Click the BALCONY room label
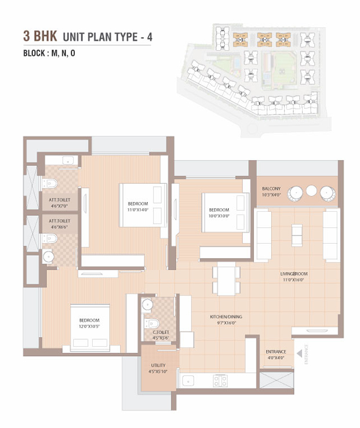(x=271, y=188)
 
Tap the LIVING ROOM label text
(x=294, y=274)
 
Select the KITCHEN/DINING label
(x=226, y=317)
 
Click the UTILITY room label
(x=158, y=365)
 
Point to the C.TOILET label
(x=161, y=332)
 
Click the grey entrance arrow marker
(x=299, y=354)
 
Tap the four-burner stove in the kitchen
(x=220, y=381)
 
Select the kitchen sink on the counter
(x=188, y=380)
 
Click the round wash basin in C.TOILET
(x=147, y=304)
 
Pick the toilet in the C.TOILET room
(x=152, y=324)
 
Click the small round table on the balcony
(x=311, y=191)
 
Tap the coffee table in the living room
(x=297, y=235)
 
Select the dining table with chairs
(x=226, y=279)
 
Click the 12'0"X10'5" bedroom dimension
(x=89, y=326)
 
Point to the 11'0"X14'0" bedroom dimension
(x=138, y=209)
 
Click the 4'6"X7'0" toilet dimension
(x=59, y=206)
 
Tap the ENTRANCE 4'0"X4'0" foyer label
(x=276, y=354)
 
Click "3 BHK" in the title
(x=40, y=37)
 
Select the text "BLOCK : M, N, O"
(x=49, y=53)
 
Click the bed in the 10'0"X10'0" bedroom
(x=226, y=212)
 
